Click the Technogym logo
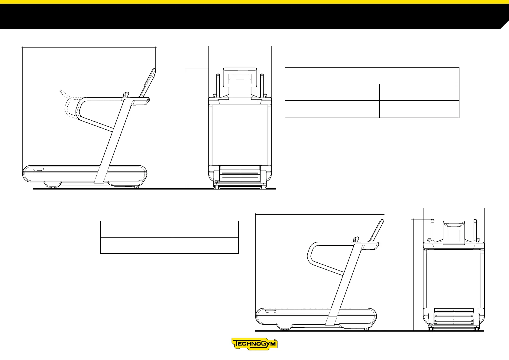254,344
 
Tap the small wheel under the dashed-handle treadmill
137,187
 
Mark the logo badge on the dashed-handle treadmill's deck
38,169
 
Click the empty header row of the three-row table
372,76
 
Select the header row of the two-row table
169,229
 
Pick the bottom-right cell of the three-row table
419,109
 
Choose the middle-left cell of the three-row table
332,92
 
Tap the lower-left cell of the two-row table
136,245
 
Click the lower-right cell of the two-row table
205,245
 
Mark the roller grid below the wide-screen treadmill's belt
240,174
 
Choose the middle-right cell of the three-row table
419,92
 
